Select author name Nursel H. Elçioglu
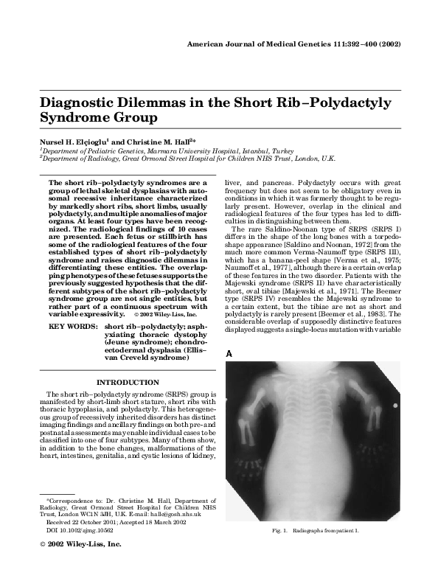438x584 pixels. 80,140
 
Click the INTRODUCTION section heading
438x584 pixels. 128,382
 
